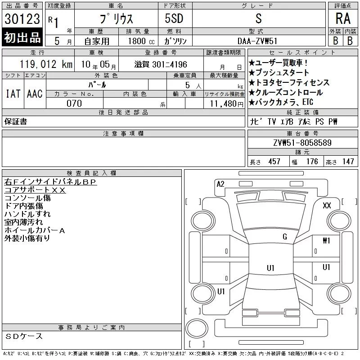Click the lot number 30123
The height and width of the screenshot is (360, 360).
22,19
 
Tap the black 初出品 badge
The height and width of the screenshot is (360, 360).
22,37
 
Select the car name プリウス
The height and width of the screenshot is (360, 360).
116,18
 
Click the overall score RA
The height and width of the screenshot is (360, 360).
343,18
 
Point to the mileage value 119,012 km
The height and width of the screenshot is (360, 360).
46,64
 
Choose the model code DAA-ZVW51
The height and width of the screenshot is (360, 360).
257,41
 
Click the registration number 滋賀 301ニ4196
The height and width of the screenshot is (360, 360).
161,64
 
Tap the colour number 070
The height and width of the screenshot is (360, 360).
74,103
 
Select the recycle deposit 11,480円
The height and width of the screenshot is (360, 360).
227,104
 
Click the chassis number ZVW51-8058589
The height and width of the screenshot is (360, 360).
302,143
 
